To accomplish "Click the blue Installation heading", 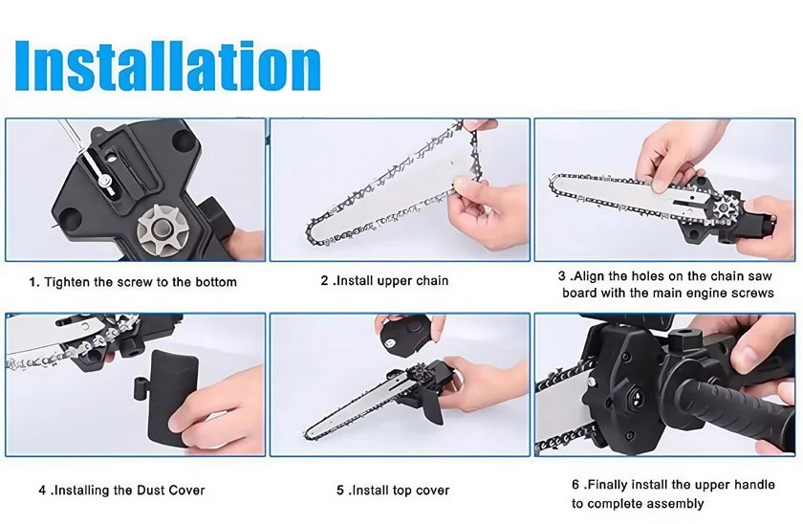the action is coord(168,66).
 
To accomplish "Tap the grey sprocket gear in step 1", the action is coord(163,225).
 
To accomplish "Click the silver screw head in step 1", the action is coord(104,180).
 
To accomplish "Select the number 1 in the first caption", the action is coord(33,282).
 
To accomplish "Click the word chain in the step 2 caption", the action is coord(433,281).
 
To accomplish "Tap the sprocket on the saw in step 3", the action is coord(725,207).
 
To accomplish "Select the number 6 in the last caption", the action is coord(575,485).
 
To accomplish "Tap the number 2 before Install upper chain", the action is coord(325,281).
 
